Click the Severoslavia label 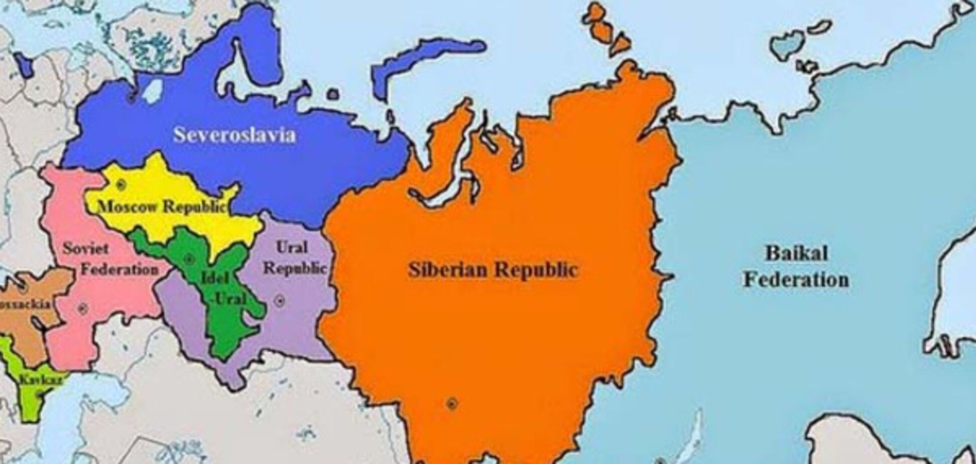pos(234,135)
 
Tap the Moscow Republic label pos(162,206)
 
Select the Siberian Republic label pos(493,270)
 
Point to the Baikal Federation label pos(796,266)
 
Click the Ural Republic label pos(294,258)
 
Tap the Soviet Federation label pos(109,259)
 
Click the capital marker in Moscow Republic pos(120,185)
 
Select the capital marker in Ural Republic pos(280,301)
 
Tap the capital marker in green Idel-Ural pos(189,259)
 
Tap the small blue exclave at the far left pos(23,65)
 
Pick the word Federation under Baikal pos(796,280)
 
